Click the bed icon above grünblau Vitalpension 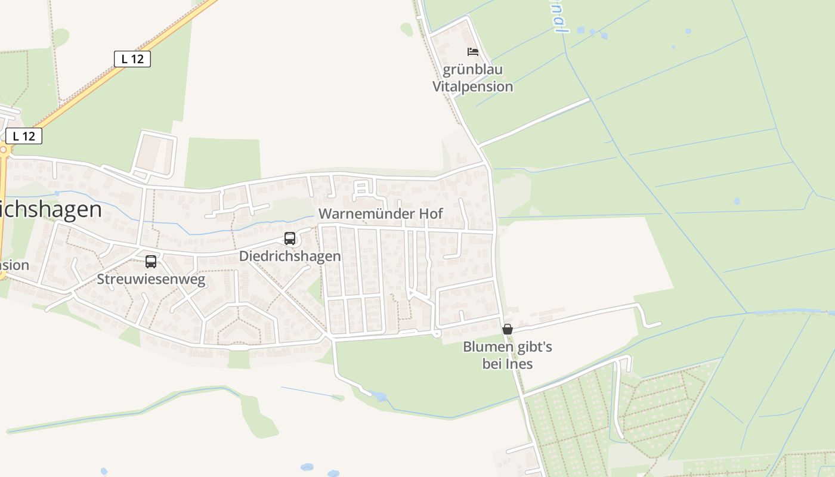pos(473,52)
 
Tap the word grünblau pos(473,70)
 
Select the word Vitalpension pos(473,86)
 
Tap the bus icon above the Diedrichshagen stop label pos(290,238)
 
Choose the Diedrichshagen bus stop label pos(290,256)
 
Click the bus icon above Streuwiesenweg pos(151,261)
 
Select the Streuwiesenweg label pos(151,280)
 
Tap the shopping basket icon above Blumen pos(508,329)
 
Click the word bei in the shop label pos(491,364)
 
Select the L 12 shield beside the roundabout pos(24,136)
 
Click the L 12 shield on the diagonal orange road pos(132,58)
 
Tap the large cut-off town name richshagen pos(51,210)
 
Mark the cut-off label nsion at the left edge pos(14,265)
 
